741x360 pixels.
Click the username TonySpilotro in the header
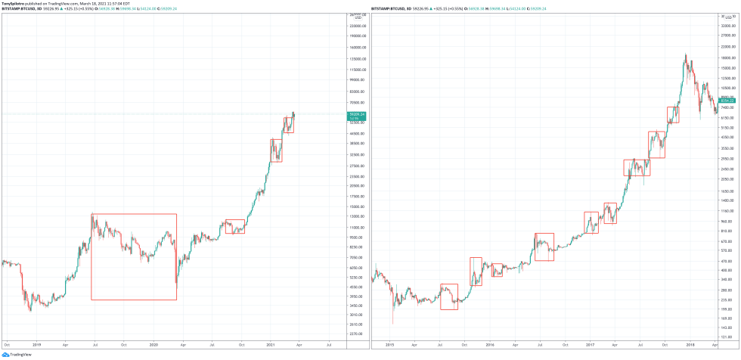point(17,4)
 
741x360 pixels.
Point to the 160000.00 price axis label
point(357,46)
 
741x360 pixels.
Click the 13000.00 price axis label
point(357,217)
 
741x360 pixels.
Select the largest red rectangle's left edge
point(91,257)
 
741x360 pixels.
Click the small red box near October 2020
point(235,226)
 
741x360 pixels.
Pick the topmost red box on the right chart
point(673,114)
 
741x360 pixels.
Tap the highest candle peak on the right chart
point(686,54)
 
